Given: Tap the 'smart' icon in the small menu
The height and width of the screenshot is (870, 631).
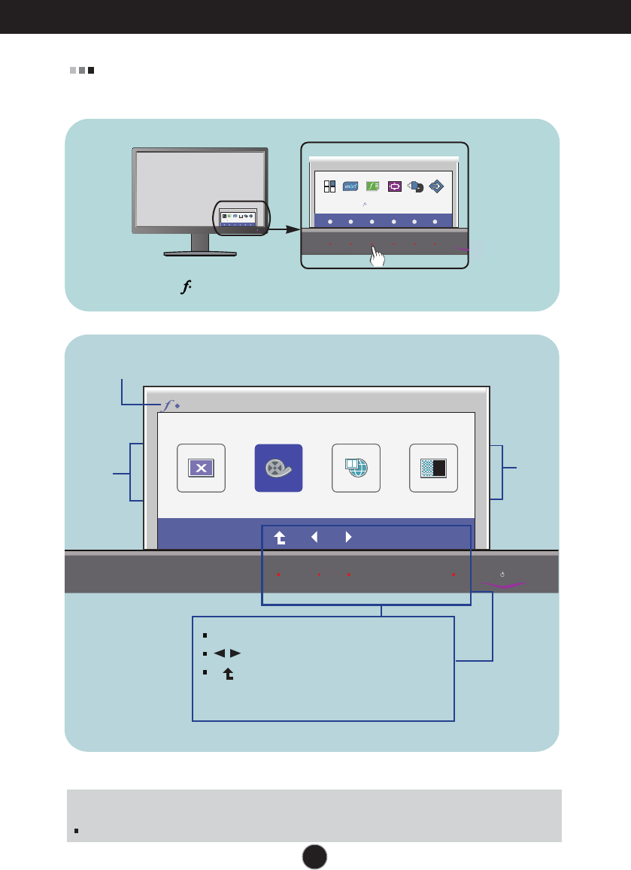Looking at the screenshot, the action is pyautogui.click(x=350, y=186).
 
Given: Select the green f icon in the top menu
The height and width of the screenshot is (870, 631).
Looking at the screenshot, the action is pyautogui.click(x=372, y=186).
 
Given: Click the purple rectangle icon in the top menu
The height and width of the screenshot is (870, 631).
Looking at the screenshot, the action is pyautogui.click(x=394, y=186).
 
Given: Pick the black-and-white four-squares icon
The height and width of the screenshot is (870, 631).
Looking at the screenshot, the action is pyautogui.click(x=329, y=186).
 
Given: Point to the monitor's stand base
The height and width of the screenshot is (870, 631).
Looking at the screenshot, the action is pyautogui.click(x=199, y=254).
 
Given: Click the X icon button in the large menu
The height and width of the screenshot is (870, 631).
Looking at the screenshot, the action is pyautogui.click(x=201, y=468).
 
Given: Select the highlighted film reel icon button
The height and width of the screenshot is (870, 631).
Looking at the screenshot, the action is pyautogui.click(x=278, y=468).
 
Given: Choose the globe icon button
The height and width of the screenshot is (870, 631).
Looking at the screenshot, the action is pyautogui.click(x=356, y=468).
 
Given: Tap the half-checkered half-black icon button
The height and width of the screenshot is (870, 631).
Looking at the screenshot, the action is pyautogui.click(x=433, y=468).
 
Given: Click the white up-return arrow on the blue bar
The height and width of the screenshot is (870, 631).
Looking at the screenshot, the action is pyautogui.click(x=280, y=538).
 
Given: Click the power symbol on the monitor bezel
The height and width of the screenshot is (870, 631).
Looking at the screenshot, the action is pyautogui.click(x=502, y=575).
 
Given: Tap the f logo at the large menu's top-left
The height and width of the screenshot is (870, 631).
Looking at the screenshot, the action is pyautogui.click(x=165, y=405).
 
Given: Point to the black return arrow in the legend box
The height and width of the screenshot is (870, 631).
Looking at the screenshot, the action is pyautogui.click(x=226, y=675).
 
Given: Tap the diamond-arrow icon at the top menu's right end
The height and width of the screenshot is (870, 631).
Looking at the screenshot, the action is pyautogui.click(x=436, y=186).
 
